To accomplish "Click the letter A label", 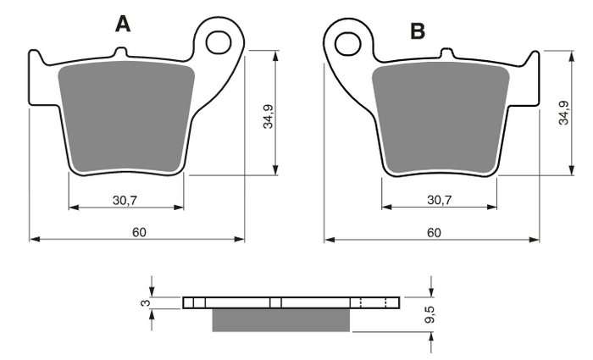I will point(124,25).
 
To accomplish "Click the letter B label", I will point(418,31).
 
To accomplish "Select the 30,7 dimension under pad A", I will point(125,200).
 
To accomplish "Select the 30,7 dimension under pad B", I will point(439,200).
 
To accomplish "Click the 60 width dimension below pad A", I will point(138,233).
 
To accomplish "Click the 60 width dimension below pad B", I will point(433,233).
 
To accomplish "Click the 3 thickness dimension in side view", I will point(145,302).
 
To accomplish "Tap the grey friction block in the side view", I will point(280,319).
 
